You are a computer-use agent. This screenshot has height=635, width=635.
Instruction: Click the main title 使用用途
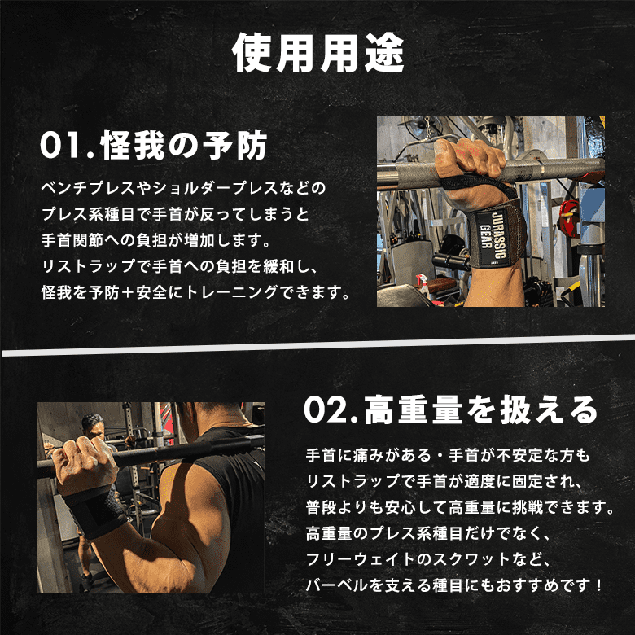tap(318, 53)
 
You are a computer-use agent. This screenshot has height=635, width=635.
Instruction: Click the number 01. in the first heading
tap(67, 145)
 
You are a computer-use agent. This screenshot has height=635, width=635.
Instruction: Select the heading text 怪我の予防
tap(183, 145)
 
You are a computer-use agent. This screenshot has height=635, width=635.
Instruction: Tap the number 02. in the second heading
tap(331, 409)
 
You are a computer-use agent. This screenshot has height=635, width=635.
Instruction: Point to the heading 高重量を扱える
tap(481, 409)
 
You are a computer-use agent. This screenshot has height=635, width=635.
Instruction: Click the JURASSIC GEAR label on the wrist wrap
tap(493, 235)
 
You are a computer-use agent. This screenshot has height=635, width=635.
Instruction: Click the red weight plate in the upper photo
tap(569, 218)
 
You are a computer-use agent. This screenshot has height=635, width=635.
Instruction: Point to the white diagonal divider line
tap(318, 345)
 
